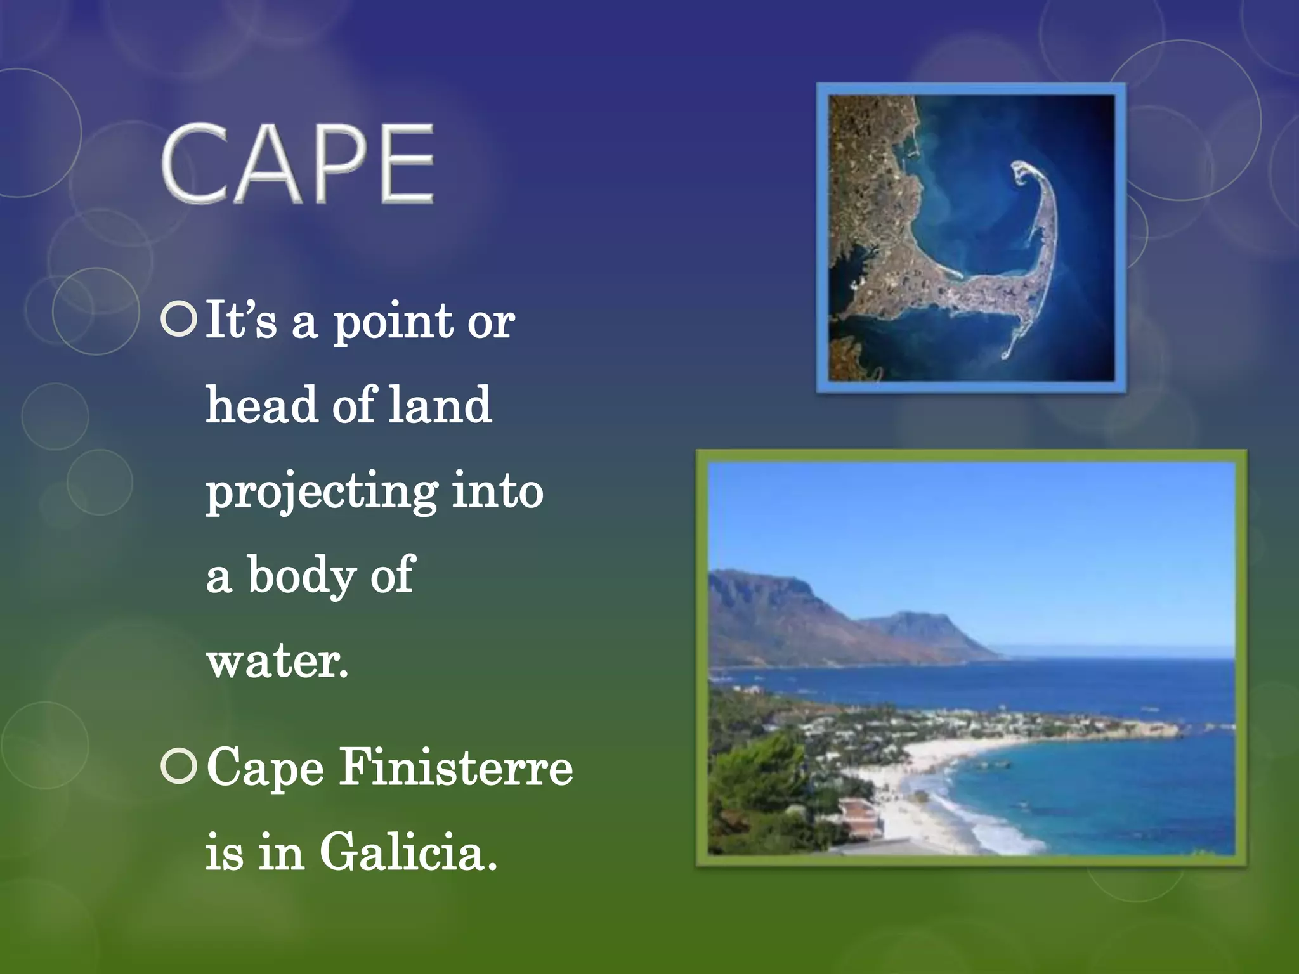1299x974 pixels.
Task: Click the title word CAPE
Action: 298,164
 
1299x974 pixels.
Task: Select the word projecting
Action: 322,492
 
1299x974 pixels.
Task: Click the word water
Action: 277,661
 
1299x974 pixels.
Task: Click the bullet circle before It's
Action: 179,320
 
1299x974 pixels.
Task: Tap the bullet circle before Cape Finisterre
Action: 179,766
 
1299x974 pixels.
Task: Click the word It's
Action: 241,320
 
